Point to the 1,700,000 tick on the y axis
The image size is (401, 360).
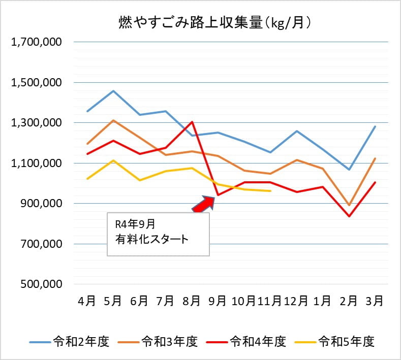[36, 42]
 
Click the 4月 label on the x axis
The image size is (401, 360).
[87, 301]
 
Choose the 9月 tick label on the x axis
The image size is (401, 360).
[218, 301]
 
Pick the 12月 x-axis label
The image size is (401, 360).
[296, 301]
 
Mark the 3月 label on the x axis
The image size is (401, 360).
[375, 301]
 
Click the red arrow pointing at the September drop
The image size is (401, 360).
[203, 203]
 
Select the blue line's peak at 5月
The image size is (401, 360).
[113, 91]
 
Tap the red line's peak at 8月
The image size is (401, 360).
[192, 122]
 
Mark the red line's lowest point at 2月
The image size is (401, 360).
[349, 216]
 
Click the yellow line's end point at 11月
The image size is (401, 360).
[270, 191]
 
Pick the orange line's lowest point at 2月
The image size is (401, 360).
[349, 205]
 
